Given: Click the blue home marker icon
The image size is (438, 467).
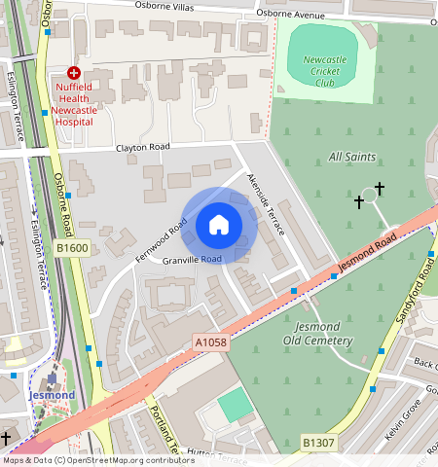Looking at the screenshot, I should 219,225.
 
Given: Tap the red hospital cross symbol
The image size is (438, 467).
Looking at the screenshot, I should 73,73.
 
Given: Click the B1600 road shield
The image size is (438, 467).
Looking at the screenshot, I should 71,248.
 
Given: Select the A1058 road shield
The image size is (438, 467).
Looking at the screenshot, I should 210,342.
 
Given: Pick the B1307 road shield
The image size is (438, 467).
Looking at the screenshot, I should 317,443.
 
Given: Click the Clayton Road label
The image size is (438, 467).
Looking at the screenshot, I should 143,147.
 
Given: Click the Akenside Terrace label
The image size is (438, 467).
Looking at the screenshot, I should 265,204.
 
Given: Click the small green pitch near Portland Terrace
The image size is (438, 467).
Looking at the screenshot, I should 234,405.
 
